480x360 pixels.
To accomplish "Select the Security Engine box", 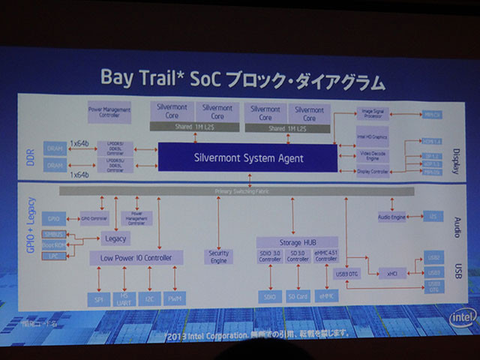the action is [x=218, y=256].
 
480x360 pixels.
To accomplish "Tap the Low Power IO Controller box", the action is [x=136, y=258].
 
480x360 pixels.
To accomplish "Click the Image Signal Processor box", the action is [x=373, y=113].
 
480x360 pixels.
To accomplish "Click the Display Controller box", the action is [x=373, y=171].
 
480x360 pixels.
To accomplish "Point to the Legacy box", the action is [x=117, y=238].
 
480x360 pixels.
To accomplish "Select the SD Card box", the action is [x=298, y=297].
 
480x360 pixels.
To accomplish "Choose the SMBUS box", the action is [x=52, y=234].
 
